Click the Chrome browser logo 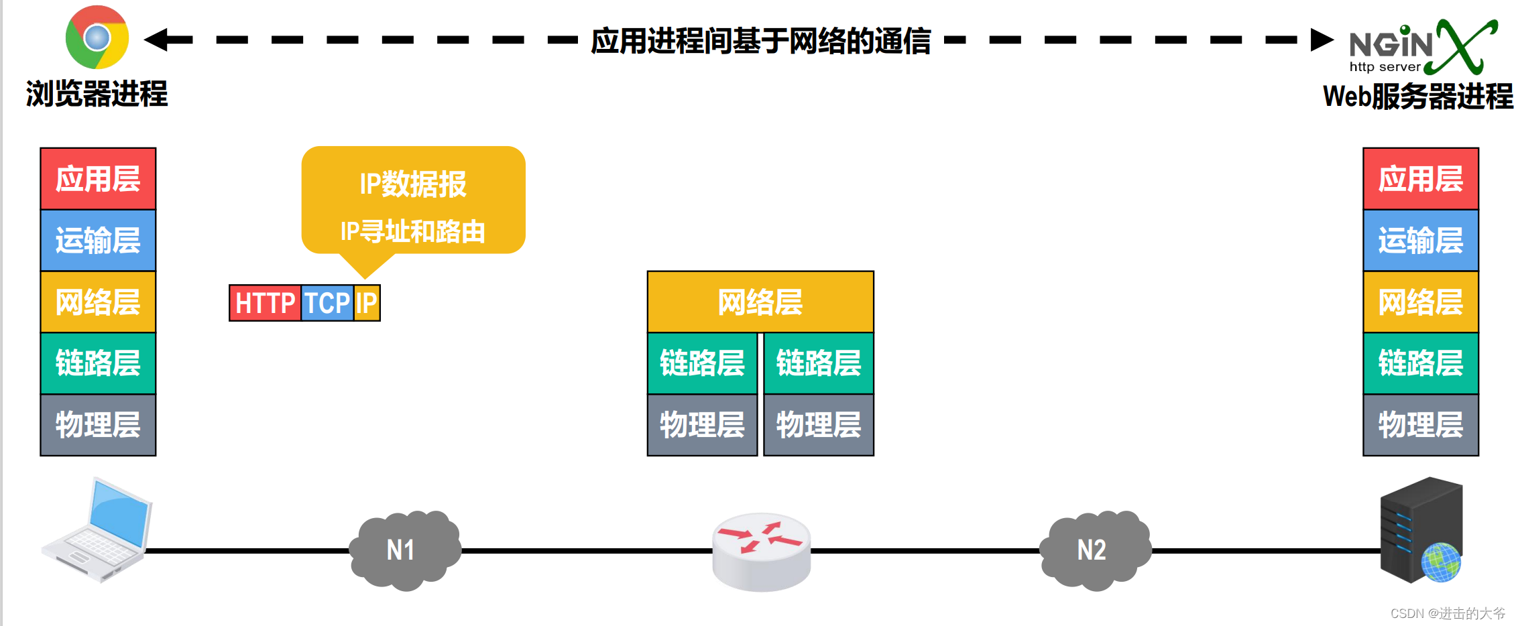[x=97, y=38]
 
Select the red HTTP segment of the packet [x=265, y=303]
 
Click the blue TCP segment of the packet [x=327, y=303]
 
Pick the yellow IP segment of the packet [x=366, y=303]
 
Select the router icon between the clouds [x=761, y=551]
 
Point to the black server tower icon [x=1421, y=529]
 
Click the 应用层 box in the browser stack [x=98, y=179]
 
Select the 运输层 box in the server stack [x=1421, y=241]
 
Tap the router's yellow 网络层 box [x=760, y=302]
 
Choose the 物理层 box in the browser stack [x=98, y=425]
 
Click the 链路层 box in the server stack [x=1421, y=363]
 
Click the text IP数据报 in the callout [x=413, y=184]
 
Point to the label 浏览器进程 [x=97, y=94]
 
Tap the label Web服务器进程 [x=1417, y=97]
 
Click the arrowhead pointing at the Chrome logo [x=157, y=40]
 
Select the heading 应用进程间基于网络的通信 [x=760, y=41]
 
